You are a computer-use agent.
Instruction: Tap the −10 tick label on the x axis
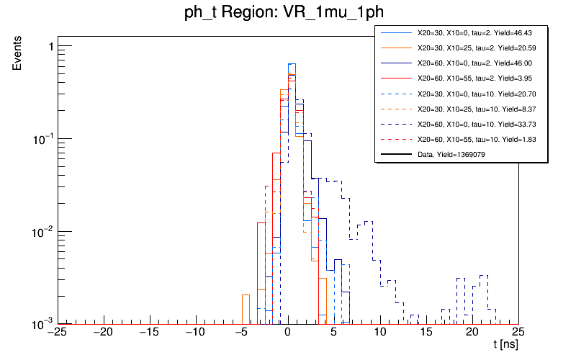pyautogui.click(x=194, y=332)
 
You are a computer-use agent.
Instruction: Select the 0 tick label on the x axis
pyautogui.click(x=287, y=332)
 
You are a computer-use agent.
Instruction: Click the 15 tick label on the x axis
pyautogui.click(x=426, y=332)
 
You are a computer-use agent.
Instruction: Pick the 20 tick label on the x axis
pyautogui.click(x=472, y=332)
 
